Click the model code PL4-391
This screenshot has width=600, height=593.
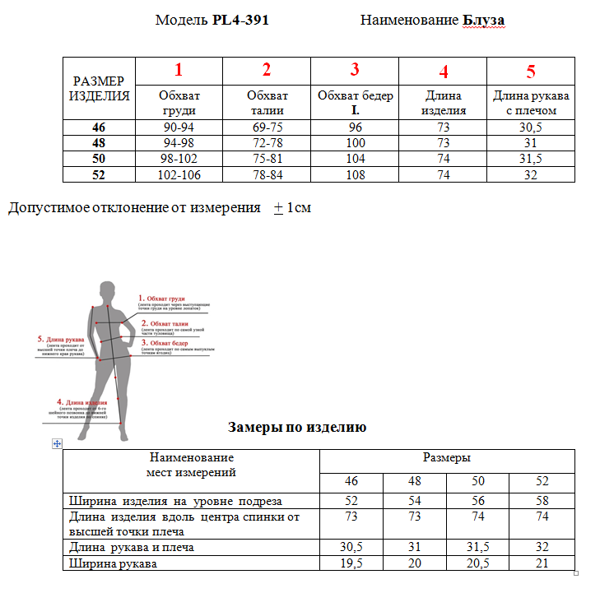tap(240, 20)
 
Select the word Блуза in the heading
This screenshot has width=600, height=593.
tap(483, 20)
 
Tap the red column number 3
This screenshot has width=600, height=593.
tap(355, 70)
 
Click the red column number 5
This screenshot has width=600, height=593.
tap(531, 71)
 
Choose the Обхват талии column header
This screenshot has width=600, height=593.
tap(267, 103)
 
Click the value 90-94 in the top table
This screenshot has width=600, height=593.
tap(179, 127)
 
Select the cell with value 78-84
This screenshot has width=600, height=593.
tap(267, 174)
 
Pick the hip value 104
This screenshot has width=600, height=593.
tap(355, 159)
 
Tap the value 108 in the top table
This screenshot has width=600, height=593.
tap(355, 174)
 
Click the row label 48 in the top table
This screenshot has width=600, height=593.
tap(100, 143)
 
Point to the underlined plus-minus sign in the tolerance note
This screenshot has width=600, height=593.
tap(278, 208)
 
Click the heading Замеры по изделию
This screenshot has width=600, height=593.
tap(296, 427)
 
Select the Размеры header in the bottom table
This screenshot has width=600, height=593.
tap(447, 458)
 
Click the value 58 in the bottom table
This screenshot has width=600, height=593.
tap(542, 501)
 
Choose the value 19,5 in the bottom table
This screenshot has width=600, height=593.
tap(351, 563)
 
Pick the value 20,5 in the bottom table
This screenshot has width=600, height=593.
tap(478, 563)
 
